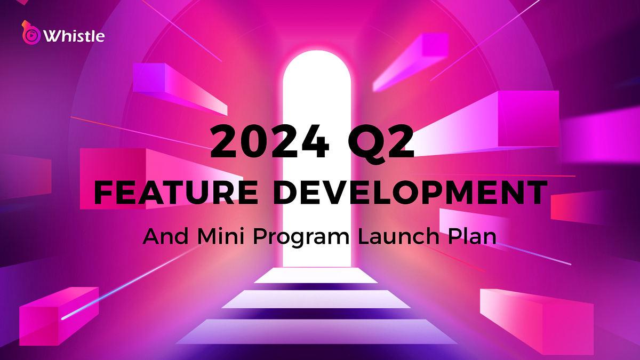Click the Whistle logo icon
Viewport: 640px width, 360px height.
pos(30,34)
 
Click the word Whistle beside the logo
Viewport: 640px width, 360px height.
pos(74,36)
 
